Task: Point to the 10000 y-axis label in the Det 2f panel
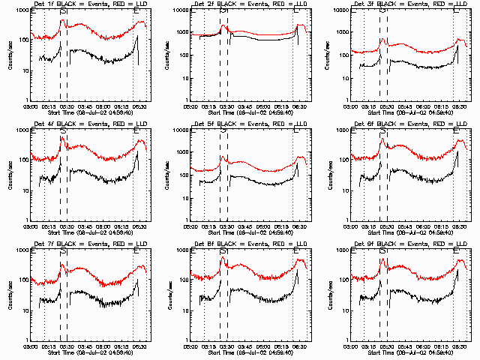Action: click(x=176, y=11)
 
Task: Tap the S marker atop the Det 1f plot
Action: click(x=63, y=10)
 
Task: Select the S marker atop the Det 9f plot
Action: click(x=382, y=250)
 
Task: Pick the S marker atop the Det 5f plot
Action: click(x=223, y=130)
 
